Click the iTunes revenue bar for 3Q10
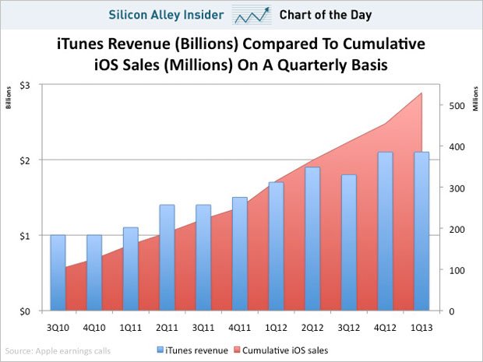point(58,272)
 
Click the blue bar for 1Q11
point(131,269)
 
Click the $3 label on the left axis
point(25,84)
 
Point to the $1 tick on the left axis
point(25,236)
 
